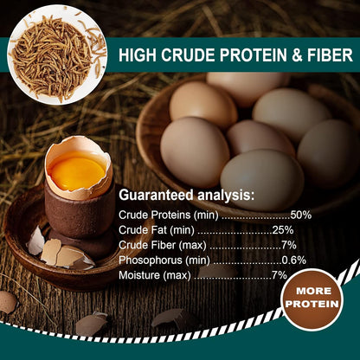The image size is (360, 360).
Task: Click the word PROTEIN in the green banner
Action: point(252,55)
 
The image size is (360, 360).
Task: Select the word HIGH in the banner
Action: point(137,55)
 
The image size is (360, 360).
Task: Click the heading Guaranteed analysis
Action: point(186,195)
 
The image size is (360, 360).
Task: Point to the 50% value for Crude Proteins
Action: point(300,215)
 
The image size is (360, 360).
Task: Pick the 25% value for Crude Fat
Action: point(282,229)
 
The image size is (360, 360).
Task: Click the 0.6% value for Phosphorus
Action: point(293,260)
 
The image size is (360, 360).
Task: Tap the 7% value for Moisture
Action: point(279,274)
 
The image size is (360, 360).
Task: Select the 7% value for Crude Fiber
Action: point(286,245)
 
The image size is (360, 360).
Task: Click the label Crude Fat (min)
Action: point(157,229)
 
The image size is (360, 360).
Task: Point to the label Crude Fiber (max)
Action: point(163,245)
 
